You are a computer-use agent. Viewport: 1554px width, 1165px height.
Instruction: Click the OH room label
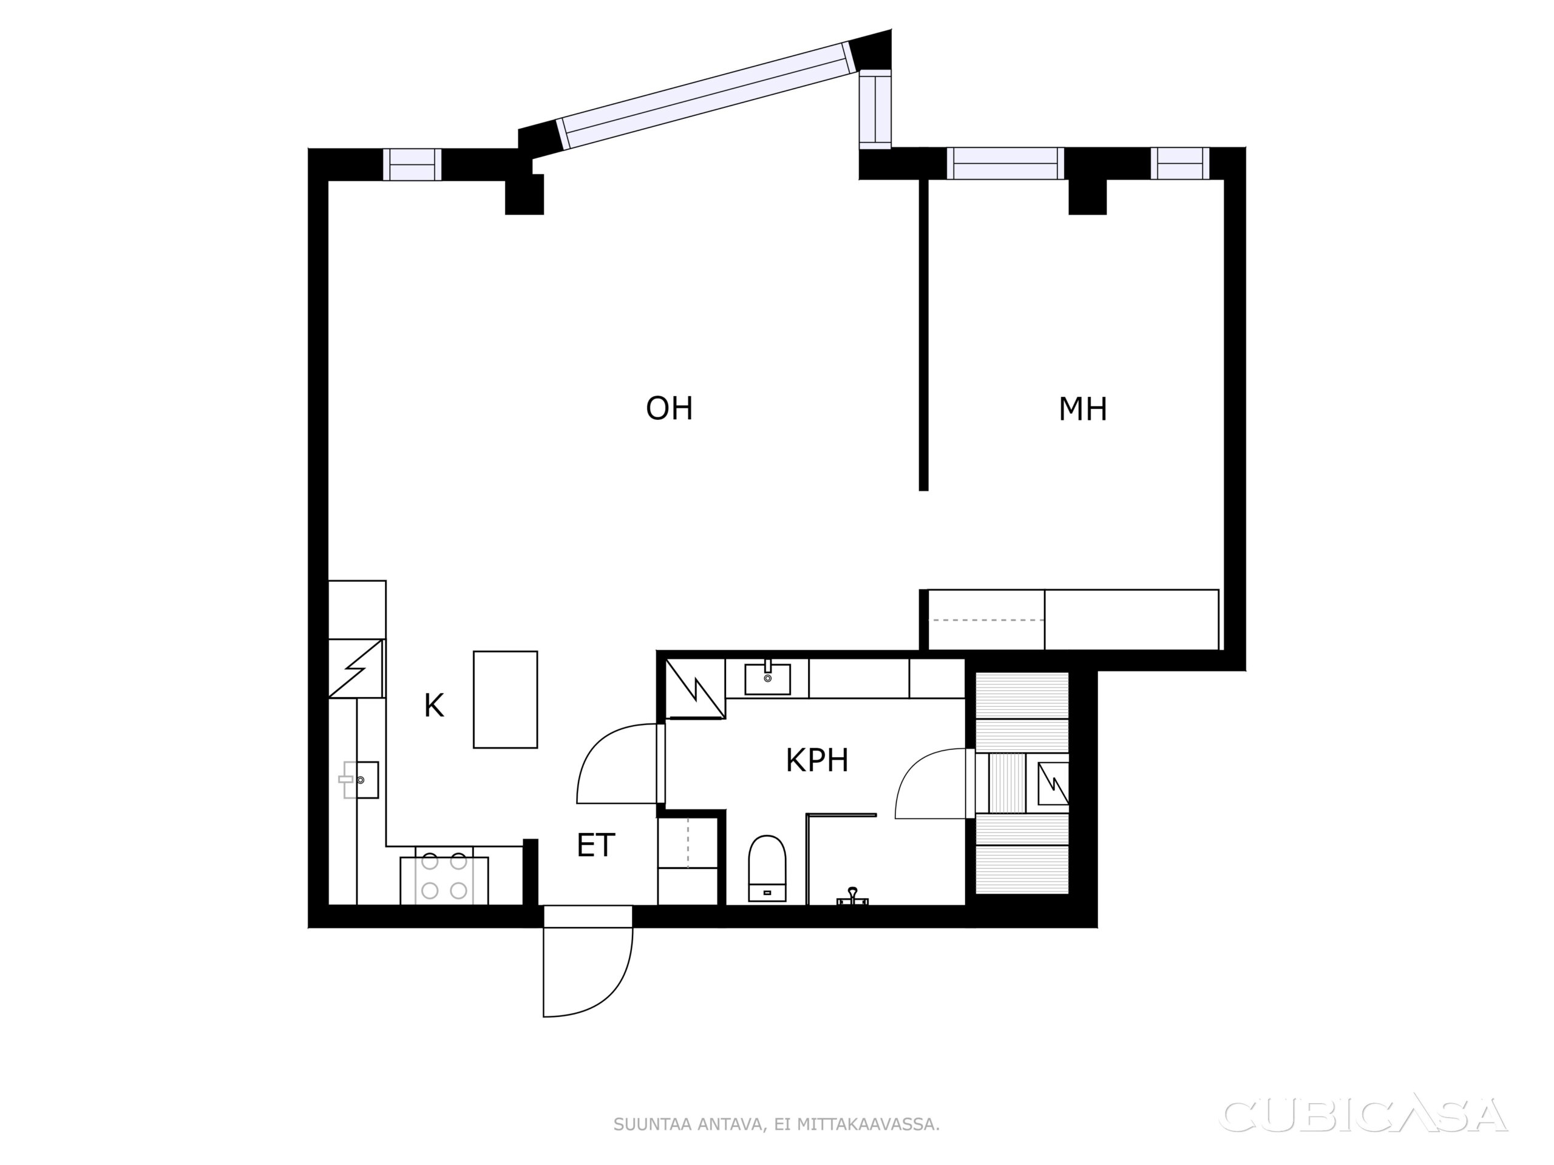click(669, 408)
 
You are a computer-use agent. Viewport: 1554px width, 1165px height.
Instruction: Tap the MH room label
click(1082, 409)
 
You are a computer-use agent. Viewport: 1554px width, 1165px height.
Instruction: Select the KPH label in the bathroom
click(816, 760)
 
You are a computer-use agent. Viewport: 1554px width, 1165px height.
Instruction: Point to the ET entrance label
click(595, 845)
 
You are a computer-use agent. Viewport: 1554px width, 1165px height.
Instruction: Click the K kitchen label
click(433, 706)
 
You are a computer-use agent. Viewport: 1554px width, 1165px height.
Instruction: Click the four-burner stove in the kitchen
click(444, 880)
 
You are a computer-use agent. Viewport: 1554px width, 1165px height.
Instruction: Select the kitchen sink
click(360, 780)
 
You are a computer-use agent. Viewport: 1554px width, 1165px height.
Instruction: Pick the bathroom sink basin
click(767, 678)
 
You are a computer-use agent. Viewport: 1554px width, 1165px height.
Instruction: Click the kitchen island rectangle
click(505, 700)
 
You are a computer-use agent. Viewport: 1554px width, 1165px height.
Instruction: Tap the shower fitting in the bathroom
click(852, 897)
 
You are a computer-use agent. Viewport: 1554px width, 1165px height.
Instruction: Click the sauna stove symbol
click(1053, 783)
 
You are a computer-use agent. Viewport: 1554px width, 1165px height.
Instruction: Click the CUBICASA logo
click(1363, 1115)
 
